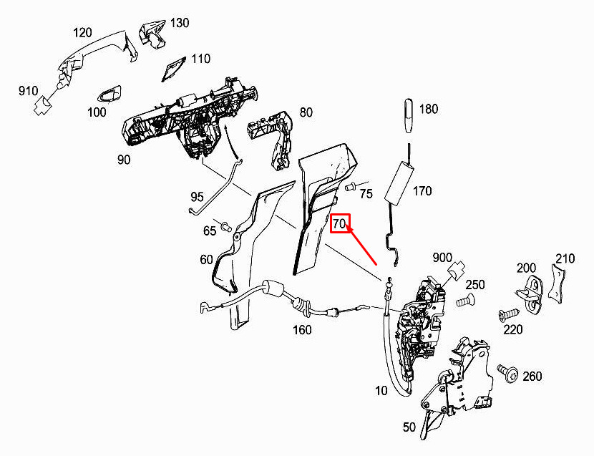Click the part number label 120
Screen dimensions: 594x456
point(83,33)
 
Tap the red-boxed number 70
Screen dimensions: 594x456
point(339,224)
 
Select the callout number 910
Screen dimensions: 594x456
point(28,91)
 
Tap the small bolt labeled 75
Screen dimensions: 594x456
point(351,187)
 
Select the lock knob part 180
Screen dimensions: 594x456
point(408,112)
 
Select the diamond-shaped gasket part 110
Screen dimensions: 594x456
point(172,70)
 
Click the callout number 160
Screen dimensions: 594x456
point(302,331)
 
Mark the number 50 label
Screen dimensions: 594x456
point(409,427)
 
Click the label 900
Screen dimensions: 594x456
point(442,258)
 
